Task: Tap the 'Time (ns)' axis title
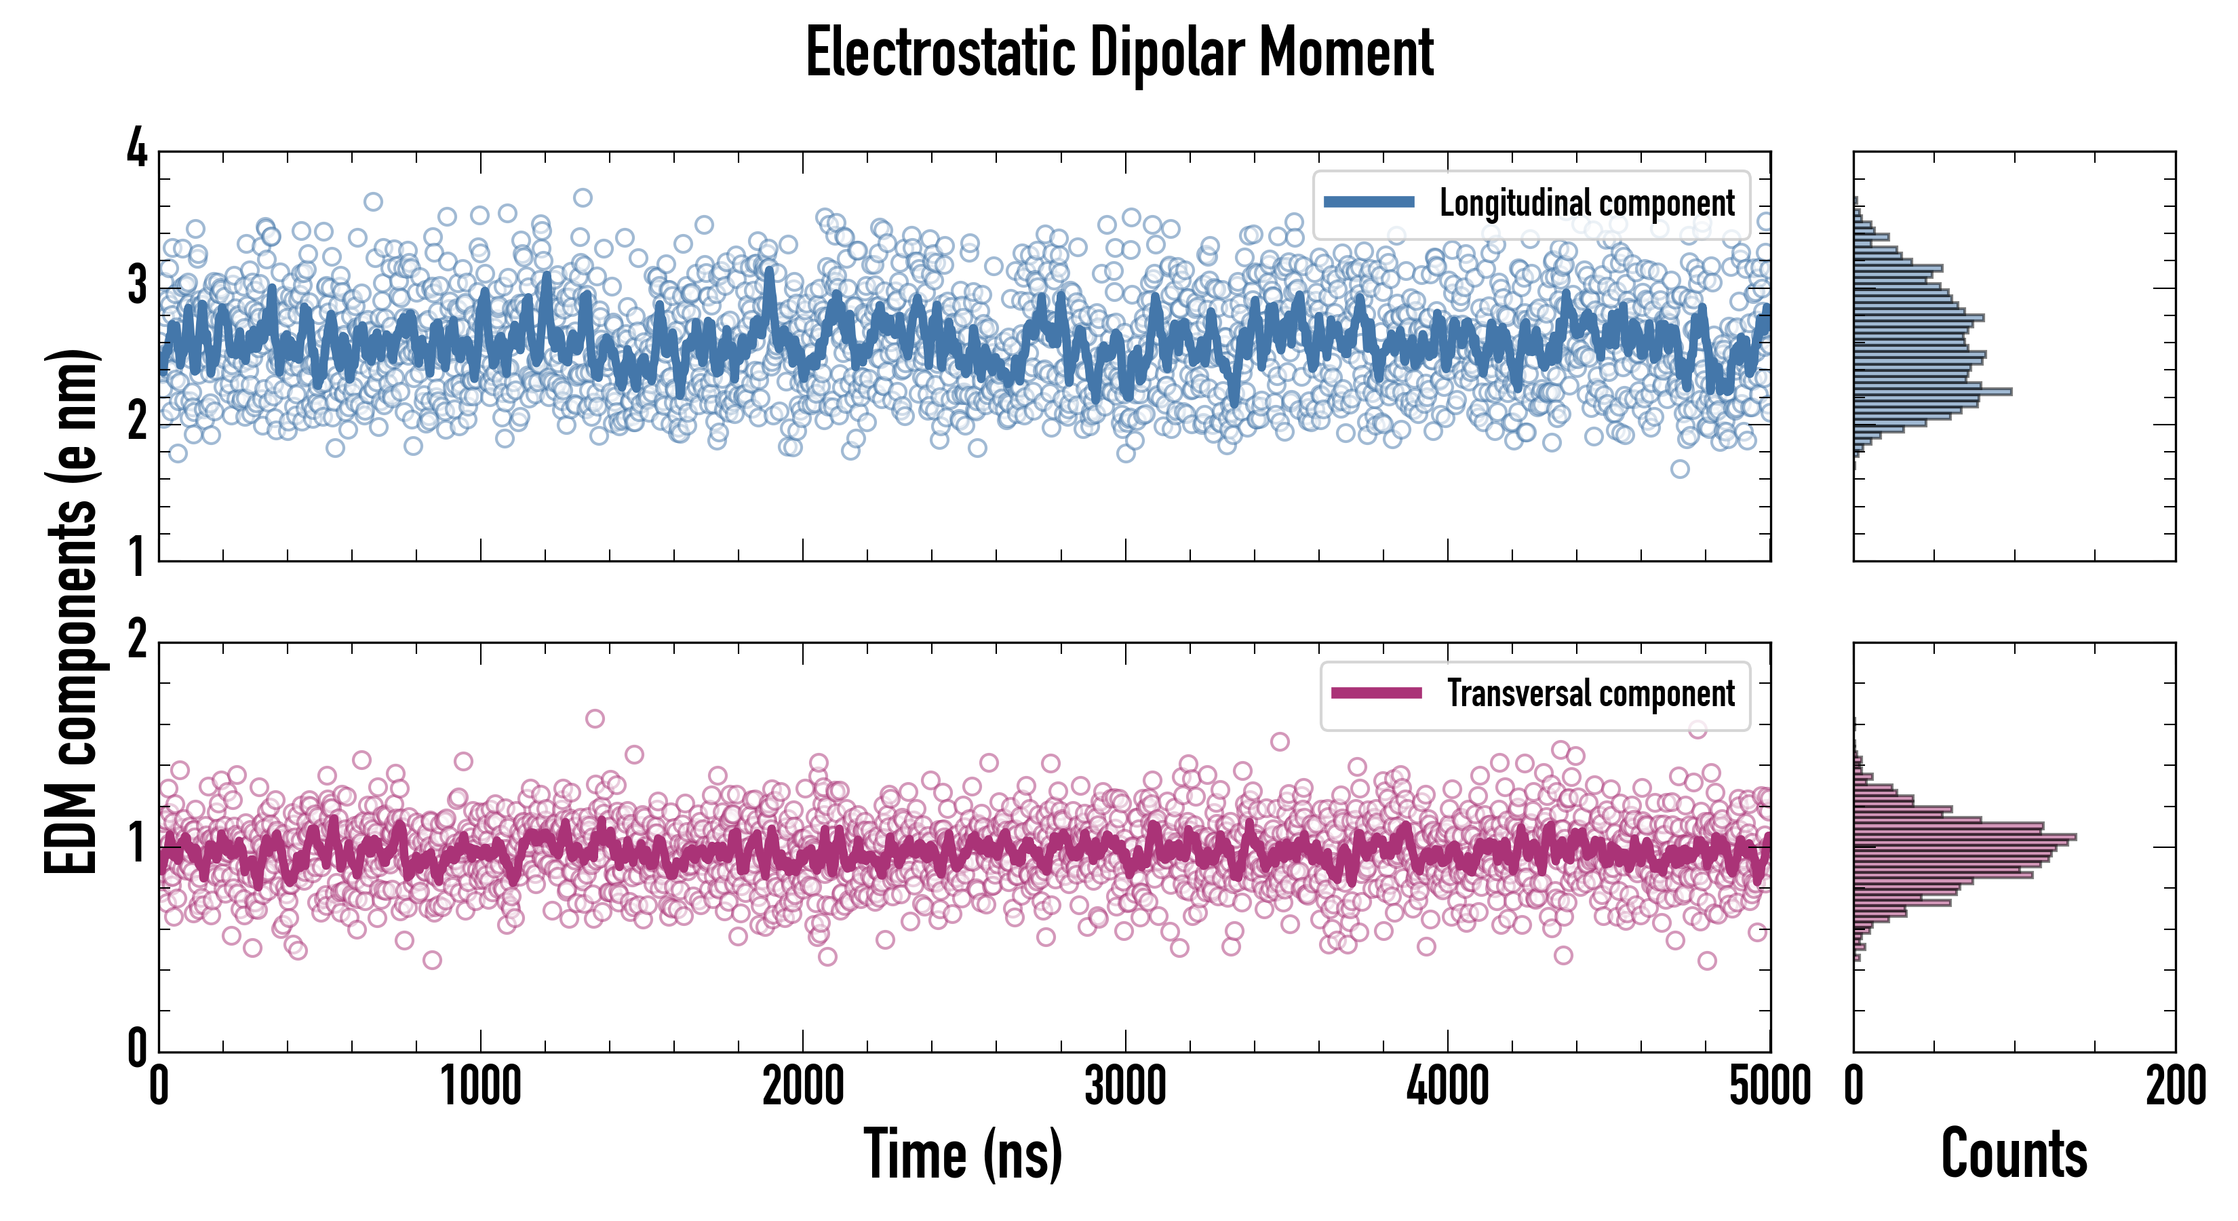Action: click(962, 1154)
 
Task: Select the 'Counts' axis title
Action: click(2014, 1154)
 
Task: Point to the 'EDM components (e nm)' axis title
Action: click(71, 612)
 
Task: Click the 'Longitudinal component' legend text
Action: click(1586, 203)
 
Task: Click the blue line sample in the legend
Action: click(1369, 203)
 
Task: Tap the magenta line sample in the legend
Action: click(1376, 693)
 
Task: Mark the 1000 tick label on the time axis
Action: click(480, 1086)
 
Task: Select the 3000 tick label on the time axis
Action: click(1125, 1086)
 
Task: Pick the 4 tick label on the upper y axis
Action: click(137, 149)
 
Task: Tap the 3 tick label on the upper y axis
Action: click(137, 285)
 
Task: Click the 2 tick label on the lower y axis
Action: click(137, 640)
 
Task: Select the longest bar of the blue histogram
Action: click(1933, 392)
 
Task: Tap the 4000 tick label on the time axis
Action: click(1447, 1086)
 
